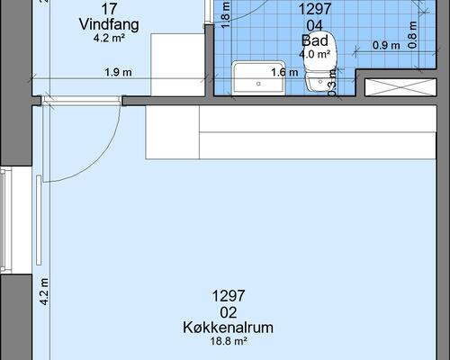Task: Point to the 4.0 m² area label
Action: (315, 54)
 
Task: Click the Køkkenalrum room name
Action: (228, 327)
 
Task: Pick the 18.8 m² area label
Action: (228, 341)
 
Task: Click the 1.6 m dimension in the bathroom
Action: (283, 72)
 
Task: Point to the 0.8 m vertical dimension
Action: (412, 33)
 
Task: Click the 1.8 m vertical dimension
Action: (226, 12)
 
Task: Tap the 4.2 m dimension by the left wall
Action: (43, 293)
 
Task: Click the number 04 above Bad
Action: (315, 24)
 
